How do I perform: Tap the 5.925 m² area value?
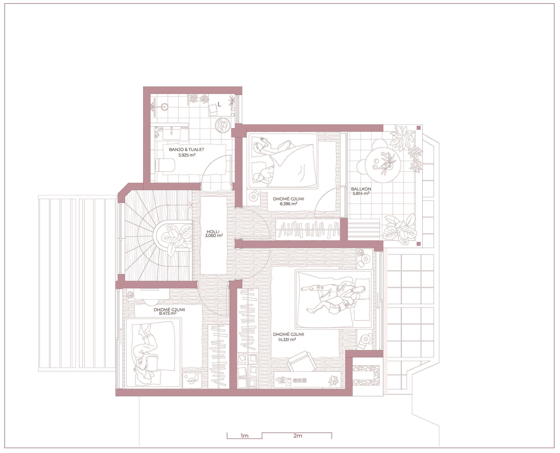[x=187, y=155]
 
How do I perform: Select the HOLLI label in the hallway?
[x=213, y=231]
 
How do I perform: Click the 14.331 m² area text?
[x=287, y=340]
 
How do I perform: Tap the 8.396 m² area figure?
[x=288, y=204]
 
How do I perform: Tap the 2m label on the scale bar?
[x=298, y=436]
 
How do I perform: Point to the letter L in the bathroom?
[x=219, y=105]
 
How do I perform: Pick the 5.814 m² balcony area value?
[x=361, y=194]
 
